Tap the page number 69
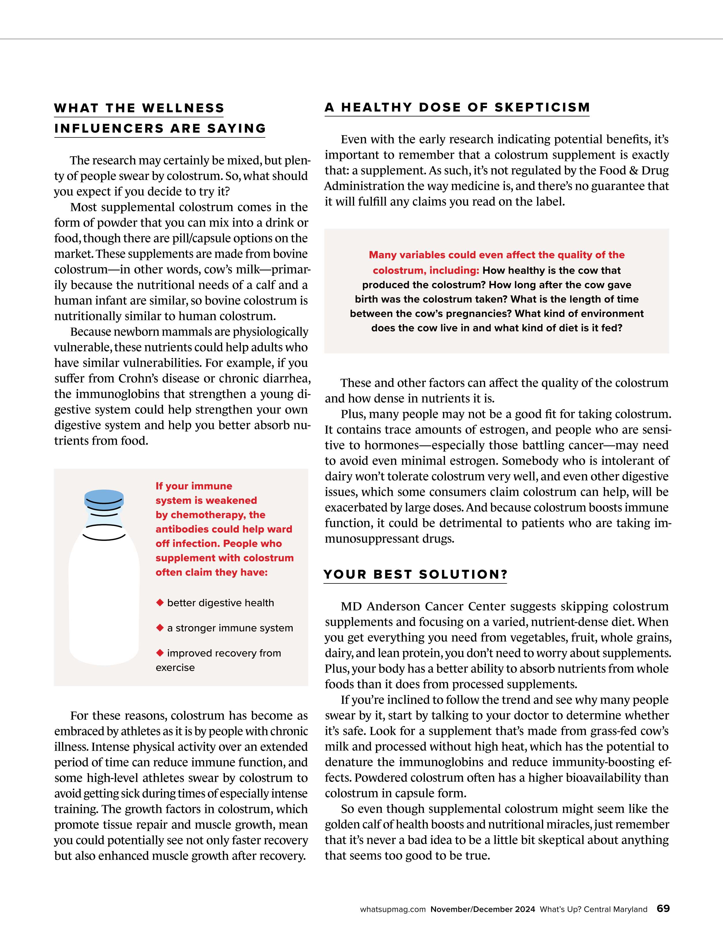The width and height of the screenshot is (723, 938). [663, 908]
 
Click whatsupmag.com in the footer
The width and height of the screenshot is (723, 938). [393, 909]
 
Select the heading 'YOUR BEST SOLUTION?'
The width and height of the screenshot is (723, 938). [416, 575]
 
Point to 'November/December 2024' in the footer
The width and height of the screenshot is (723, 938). [483, 909]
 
